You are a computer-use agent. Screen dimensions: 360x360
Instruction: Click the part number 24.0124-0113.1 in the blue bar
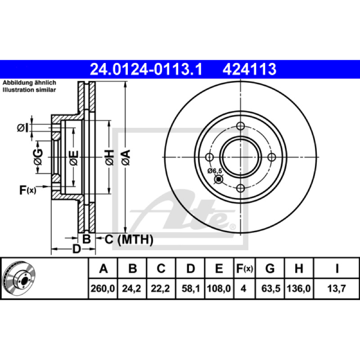[x=146, y=69]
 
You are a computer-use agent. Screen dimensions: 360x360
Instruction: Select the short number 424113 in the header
[x=249, y=69]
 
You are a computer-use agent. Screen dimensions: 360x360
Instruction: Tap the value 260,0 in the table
[x=103, y=288]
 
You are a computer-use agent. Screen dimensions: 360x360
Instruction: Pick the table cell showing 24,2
[x=131, y=288]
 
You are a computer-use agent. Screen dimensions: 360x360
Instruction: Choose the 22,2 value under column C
[x=160, y=288]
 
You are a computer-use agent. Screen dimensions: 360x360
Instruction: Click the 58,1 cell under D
[x=190, y=288]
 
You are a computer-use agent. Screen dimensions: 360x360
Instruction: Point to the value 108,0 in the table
[x=219, y=288]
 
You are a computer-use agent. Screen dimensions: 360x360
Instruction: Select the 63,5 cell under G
[x=271, y=288]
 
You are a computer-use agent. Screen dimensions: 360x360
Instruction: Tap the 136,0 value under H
[x=299, y=288]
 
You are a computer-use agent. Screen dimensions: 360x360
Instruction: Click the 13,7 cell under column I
[x=337, y=288]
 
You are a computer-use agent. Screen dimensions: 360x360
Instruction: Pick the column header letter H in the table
[x=299, y=268]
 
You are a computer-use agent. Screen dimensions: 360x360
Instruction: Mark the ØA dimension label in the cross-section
[x=126, y=157]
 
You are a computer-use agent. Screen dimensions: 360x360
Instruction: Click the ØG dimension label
[x=38, y=157]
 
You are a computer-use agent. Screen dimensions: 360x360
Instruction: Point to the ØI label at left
[x=23, y=128]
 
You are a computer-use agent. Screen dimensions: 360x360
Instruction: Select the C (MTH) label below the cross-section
[x=129, y=240]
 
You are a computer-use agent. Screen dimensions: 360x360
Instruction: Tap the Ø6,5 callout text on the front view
[x=215, y=171]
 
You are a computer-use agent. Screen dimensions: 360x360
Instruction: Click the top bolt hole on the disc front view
[x=240, y=126]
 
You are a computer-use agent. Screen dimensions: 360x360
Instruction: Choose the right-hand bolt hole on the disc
[x=272, y=157]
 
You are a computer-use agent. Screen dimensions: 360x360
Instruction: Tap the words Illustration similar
[x=29, y=90]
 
